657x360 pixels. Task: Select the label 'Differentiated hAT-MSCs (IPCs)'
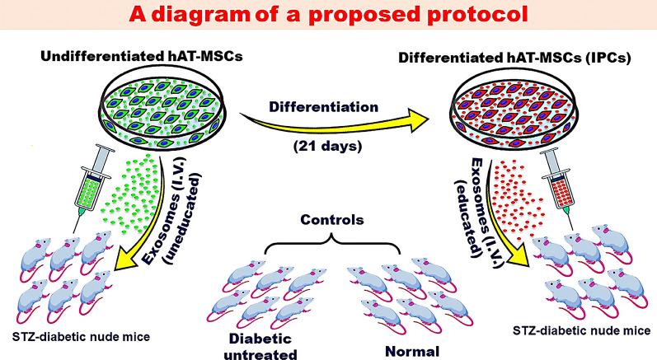(527, 57)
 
